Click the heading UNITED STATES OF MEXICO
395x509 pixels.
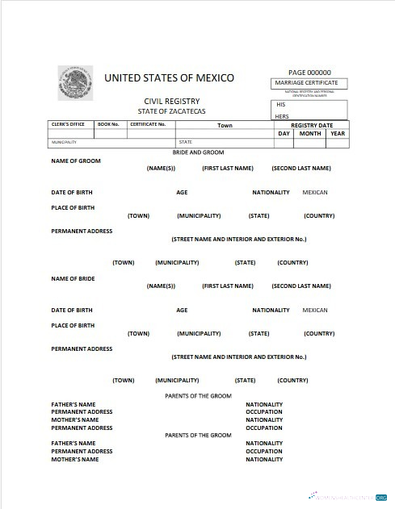(169, 78)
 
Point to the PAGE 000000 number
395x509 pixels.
(310, 73)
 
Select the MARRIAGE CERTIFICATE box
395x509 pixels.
(310, 83)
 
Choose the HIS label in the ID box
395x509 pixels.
(281, 105)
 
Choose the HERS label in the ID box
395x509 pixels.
(282, 116)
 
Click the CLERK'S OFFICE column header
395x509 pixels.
(69, 124)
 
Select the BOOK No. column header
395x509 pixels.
(108, 124)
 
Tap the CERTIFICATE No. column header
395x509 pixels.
(148, 124)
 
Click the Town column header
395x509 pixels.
(225, 125)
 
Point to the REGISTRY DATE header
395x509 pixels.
(312, 125)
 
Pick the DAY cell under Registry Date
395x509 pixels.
(284, 134)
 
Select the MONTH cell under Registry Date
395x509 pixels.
(310, 134)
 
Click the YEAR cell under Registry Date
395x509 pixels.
(338, 134)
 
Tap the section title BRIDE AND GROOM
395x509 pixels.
(198, 152)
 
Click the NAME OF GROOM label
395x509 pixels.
(76, 161)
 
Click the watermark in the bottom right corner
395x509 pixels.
(350, 497)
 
